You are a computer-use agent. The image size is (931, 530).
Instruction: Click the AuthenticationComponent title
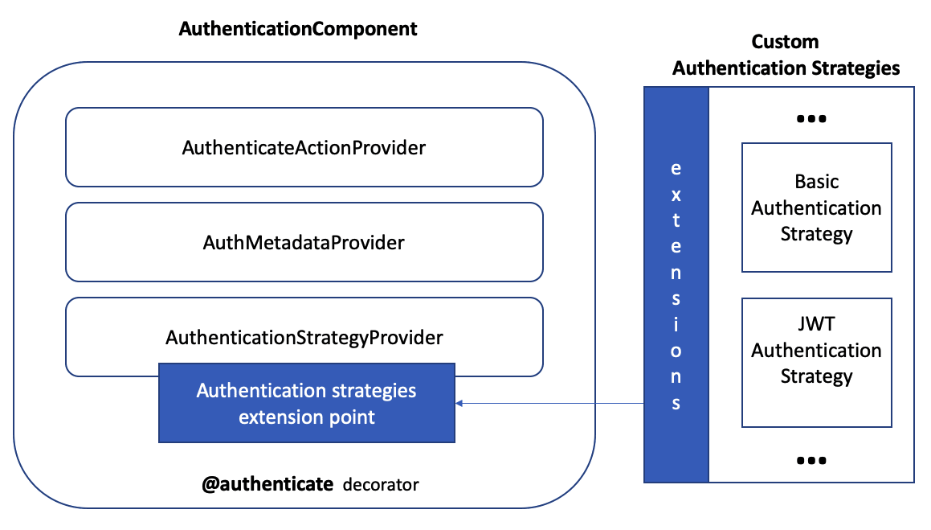tap(298, 29)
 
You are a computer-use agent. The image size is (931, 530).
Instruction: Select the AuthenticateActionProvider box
tap(304, 148)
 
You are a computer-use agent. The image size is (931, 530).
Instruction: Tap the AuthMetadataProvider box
tap(304, 242)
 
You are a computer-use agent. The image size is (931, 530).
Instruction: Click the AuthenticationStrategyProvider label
tap(304, 338)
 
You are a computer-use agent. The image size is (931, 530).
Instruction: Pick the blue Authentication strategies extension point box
tap(307, 403)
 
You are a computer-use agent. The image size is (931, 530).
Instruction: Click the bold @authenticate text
tap(267, 484)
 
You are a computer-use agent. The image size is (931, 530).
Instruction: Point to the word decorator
tap(381, 485)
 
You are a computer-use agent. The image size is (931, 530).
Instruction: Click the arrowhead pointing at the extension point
tap(459, 402)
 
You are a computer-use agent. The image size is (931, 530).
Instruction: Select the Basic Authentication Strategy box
tap(816, 207)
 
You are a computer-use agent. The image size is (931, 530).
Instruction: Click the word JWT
tap(816, 325)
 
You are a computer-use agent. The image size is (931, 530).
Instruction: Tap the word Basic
tap(816, 182)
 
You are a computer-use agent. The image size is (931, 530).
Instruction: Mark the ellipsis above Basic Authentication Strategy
tap(811, 119)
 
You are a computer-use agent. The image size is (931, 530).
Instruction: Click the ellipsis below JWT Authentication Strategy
tap(811, 461)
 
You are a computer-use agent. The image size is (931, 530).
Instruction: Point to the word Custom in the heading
tap(785, 42)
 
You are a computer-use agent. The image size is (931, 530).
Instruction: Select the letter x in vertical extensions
tap(676, 195)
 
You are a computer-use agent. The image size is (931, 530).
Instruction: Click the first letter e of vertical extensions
tap(676, 169)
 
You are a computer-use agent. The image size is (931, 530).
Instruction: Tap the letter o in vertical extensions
tap(676, 351)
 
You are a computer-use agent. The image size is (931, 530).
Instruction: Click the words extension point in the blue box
tap(307, 417)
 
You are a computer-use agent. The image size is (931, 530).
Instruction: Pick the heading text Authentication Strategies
tap(786, 68)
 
